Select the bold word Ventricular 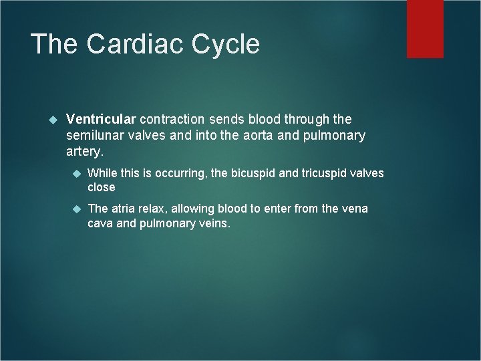[x=102, y=119]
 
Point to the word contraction [x=172, y=119]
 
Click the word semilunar [x=95, y=136]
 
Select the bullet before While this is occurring [x=75, y=173]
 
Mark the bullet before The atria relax [x=75, y=209]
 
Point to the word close [x=102, y=187]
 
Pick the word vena [x=354, y=209]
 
